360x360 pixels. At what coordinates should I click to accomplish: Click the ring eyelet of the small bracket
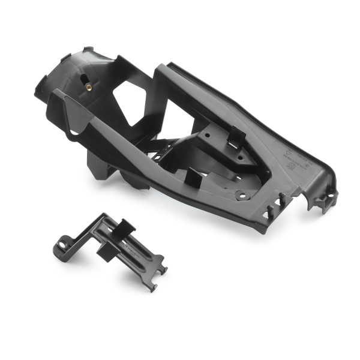point(62,247)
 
